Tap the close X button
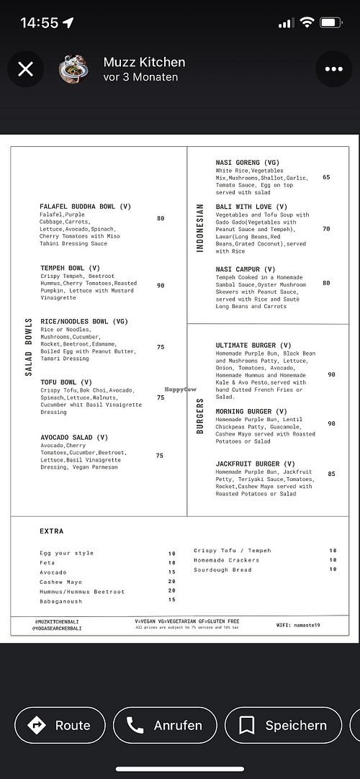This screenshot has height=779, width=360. coord(25,69)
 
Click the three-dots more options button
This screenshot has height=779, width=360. coord(334,69)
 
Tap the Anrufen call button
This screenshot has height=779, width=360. coord(164,725)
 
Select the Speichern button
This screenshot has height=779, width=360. coord(283,725)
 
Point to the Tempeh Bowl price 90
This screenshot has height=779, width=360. coord(161,285)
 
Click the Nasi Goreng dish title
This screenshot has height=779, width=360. coord(247,163)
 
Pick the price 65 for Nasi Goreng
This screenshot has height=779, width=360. coord(326,177)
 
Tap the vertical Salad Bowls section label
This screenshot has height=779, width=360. coord(29,347)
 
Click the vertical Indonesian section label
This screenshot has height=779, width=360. coord(201,228)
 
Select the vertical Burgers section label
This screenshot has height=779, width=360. coord(201,416)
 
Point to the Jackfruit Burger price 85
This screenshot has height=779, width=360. coord(331,474)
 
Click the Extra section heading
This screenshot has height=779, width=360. coord(52,531)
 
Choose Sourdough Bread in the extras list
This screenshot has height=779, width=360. coord(222,570)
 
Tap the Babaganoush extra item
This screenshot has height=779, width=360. coord(61,601)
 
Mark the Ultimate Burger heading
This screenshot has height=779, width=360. coord(253,346)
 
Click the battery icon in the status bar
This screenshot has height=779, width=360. coord(331,22)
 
